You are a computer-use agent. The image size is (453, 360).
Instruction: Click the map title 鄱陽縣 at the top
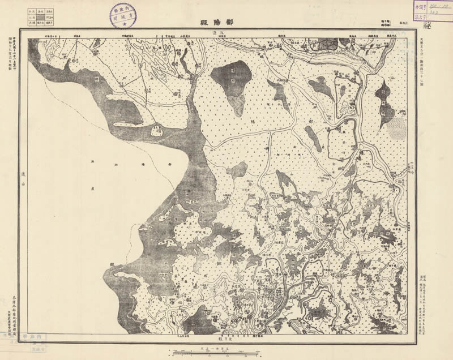click(x=217, y=23)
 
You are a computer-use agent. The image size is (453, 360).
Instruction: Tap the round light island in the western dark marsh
click(x=157, y=131)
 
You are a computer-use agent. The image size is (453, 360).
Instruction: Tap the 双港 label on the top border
click(x=208, y=35)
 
